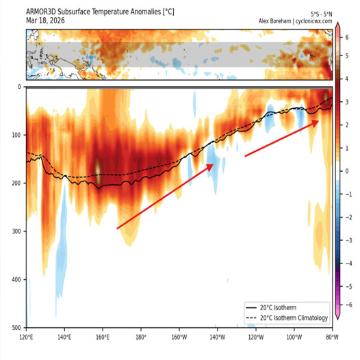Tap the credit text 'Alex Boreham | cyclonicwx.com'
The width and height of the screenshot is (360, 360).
coord(295,21)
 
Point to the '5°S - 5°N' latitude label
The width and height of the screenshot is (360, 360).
coord(321,14)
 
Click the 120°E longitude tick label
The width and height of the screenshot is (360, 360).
coord(27,337)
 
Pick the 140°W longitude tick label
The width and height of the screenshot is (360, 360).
coord(218,337)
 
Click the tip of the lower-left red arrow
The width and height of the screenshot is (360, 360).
coord(213,164)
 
